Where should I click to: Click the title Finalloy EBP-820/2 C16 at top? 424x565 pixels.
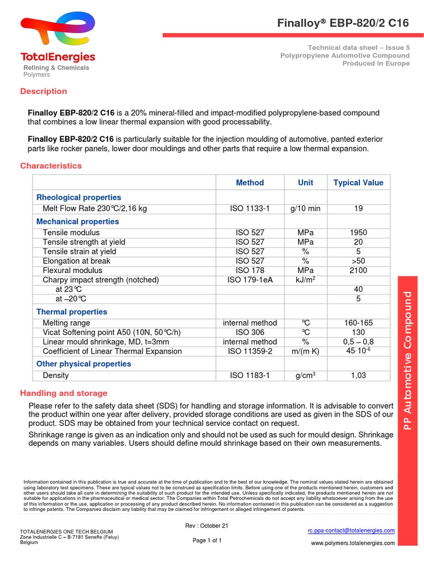tap(343, 23)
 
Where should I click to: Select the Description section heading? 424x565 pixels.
tap(44, 91)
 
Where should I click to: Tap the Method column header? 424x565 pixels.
tap(250, 183)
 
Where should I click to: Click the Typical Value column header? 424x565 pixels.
tap(358, 183)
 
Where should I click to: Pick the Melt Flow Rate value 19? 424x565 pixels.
tap(358, 209)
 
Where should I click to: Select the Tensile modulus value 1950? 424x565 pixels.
tap(358, 233)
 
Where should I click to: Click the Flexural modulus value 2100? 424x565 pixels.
tap(358, 270)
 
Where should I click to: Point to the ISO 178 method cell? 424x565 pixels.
tap(250, 270)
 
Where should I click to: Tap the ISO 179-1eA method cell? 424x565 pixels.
tap(250, 280)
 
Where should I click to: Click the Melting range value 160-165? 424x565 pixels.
tap(358, 323)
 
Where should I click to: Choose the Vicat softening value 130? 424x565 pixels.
tap(358, 332)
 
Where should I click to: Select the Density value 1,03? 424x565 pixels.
tap(358, 375)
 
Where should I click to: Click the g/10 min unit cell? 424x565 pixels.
tap(305, 209)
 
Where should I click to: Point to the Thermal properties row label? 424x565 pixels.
tap(72, 312)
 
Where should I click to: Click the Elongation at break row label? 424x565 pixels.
tap(76, 261)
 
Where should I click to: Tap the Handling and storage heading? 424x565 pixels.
tap(64, 393)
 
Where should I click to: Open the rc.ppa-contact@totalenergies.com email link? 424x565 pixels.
tap(351, 531)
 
